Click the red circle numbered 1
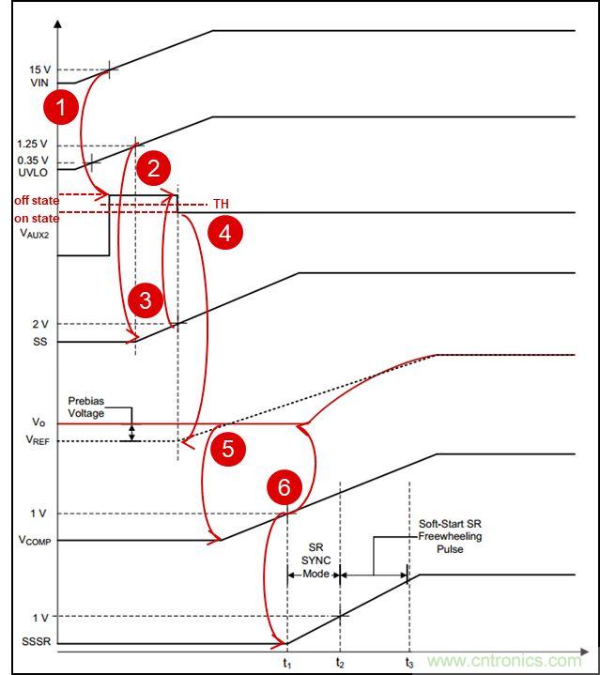(62, 107)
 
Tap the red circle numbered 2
(153, 169)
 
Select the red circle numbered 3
(145, 300)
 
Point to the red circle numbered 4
(225, 232)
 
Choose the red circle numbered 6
(285, 487)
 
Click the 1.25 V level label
(33, 145)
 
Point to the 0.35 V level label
(33, 160)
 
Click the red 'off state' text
(36, 201)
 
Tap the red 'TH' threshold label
(221, 203)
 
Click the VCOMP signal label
(33, 541)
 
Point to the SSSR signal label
(35, 644)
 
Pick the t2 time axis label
(340, 662)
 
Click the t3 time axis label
(409, 662)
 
